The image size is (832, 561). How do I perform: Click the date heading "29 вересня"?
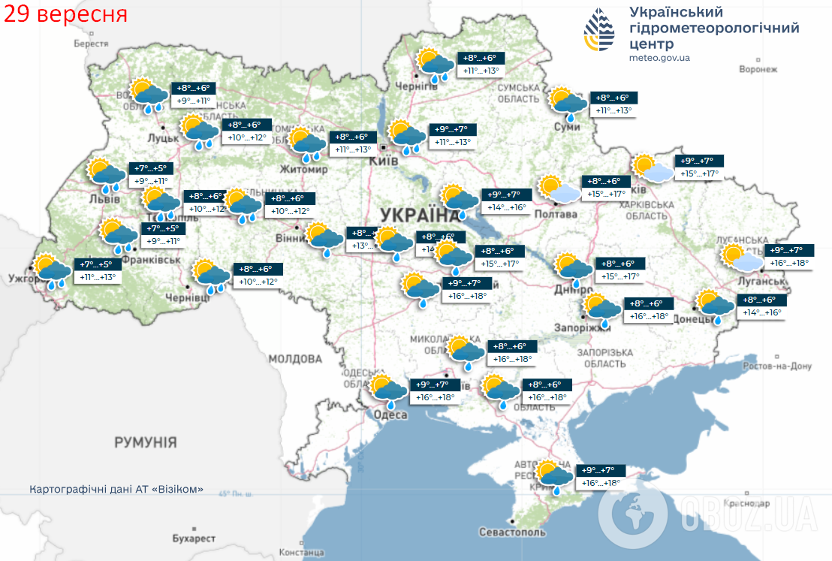tap(65, 14)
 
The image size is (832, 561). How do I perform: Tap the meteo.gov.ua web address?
tap(659, 58)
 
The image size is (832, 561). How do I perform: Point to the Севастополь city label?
tap(511, 532)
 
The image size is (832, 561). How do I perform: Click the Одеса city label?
tap(390, 415)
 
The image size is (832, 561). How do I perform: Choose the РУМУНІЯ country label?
tap(146, 442)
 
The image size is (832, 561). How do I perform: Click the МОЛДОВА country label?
tap(295, 358)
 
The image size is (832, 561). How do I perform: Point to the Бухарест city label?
tap(194, 538)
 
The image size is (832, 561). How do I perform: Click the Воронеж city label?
tap(757, 69)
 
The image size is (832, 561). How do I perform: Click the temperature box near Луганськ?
tap(788, 256)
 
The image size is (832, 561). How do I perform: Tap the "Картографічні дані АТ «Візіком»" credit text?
tap(116, 489)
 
